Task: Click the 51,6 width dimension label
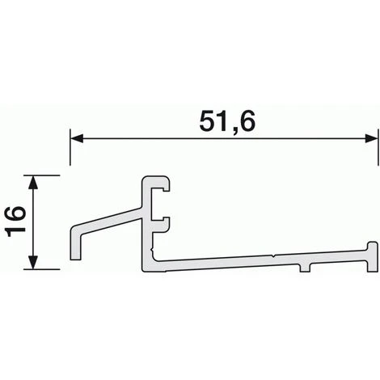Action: point(227,121)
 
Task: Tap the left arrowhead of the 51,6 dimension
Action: point(76,139)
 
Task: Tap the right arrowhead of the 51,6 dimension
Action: point(371,139)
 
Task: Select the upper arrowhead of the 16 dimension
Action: point(33,181)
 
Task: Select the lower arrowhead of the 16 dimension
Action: point(33,263)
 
